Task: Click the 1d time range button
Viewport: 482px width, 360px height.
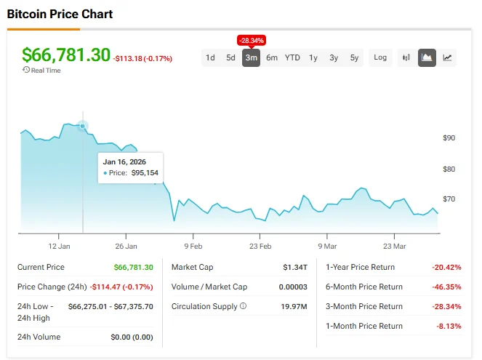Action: point(210,58)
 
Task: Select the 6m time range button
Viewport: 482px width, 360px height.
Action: point(271,58)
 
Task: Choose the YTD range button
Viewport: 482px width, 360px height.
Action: point(292,58)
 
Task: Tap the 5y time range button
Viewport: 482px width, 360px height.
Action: point(354,58)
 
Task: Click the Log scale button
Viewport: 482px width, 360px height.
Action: point(380,58)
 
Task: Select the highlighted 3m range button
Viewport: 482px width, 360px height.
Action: point(251,58)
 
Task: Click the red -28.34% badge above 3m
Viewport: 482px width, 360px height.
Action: point(251,39)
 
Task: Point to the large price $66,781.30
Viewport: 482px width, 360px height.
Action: point(66,55)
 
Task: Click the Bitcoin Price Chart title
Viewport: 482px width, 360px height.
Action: point(60,14)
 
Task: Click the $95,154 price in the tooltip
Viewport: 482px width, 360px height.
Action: point(145,173)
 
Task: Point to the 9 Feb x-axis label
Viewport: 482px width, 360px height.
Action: point(193,247)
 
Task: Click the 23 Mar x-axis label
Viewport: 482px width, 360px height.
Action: point(394,247)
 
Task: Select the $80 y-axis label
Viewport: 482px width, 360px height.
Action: point(449,169)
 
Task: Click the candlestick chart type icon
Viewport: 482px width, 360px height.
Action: point(406,58)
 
